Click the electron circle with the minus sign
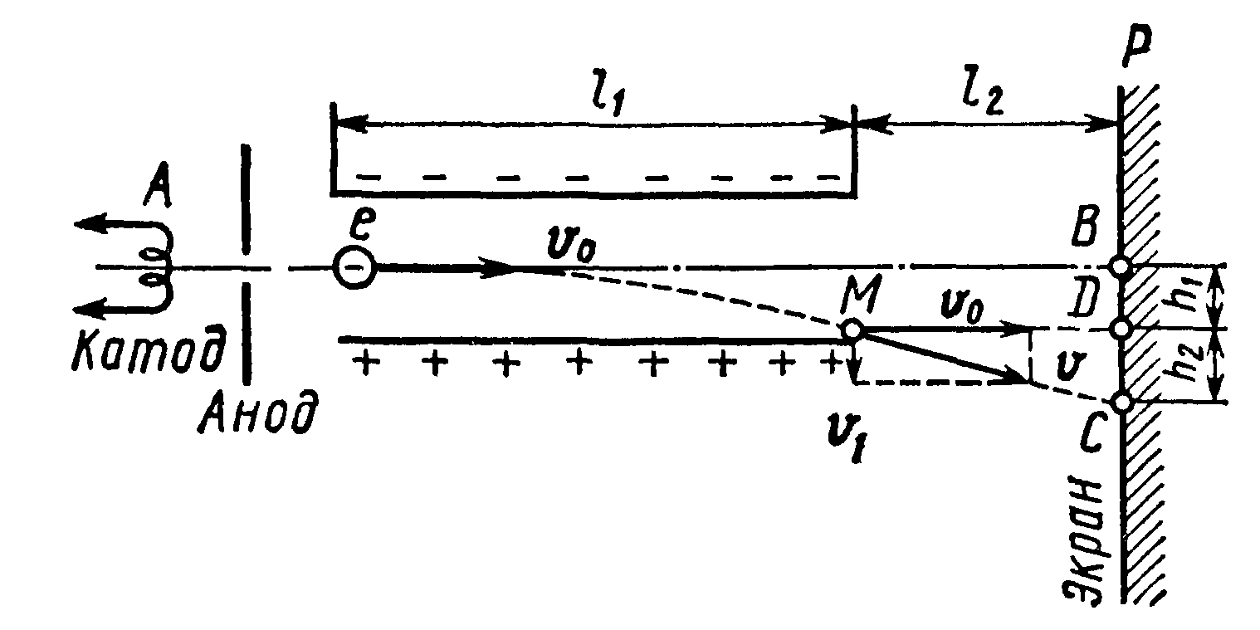coord(354,268)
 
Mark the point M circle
coord(852,330)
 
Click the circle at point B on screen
coord(1121,267)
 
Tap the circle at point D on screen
coord(1121,330)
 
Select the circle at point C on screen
coord(1121,403)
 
